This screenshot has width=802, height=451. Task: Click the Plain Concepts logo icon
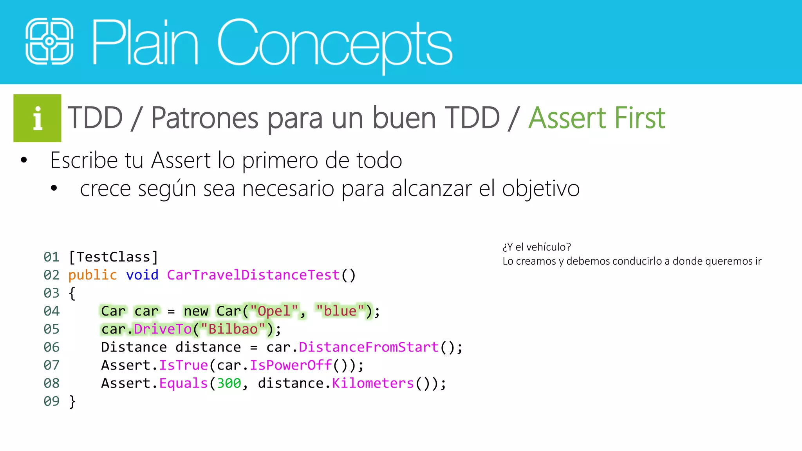[x=49, y=41]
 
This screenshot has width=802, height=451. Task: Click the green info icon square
[x=37, y=118]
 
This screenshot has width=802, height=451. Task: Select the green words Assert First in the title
[x=596, y=118]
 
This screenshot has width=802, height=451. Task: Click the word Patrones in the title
[x=204, y=118]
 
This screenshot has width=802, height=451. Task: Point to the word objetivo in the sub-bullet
[x=540, y=189]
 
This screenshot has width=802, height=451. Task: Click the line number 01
[x=51, y=257]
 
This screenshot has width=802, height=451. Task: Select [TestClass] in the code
[x=113, y=257]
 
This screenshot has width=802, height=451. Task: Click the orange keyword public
[x=92, y=275]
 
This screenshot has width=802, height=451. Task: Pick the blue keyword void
[x=142, y=275]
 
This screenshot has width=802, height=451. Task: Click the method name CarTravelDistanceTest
[x=253, y=275]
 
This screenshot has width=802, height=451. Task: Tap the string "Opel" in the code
[x=274, y=311]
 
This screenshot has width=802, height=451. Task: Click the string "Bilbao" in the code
[x=233, y=329]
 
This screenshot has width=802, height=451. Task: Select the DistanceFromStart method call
[x=368, y=347]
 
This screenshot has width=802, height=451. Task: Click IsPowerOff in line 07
[x=291, y=365]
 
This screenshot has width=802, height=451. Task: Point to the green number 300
[x=229, y=383]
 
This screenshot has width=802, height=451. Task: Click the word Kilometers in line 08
[x=373, y=383]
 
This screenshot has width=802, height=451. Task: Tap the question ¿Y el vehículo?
[x=536, y=247]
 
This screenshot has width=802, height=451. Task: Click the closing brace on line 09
[x=72, y=401]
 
